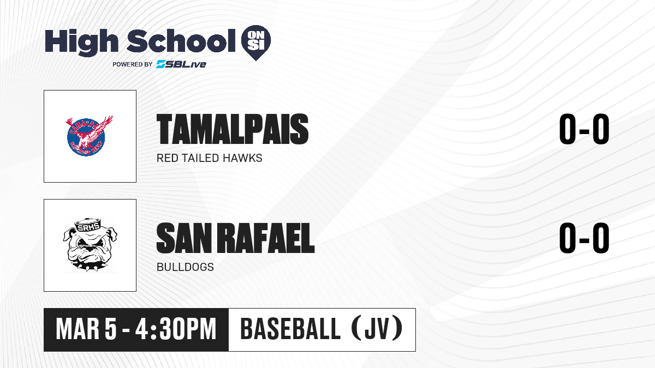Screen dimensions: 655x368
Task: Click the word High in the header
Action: point(81,43)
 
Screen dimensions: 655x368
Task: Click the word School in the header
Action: point(181,41)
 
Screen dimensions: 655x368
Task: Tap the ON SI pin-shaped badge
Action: point(256,43)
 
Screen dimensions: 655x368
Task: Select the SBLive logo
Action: point(181,64)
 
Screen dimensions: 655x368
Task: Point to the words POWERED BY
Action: point(133,64)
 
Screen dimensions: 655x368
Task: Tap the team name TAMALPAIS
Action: point(233,129)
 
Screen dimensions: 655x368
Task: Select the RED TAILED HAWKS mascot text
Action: point(210,158)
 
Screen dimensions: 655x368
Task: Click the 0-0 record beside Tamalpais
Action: point(584,129)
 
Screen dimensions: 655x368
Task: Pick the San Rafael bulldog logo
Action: point(90,245)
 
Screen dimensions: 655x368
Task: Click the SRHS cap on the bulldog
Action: point(88,224)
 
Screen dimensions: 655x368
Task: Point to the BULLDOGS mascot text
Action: point(185,267)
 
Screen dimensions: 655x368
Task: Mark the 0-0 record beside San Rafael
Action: point(584,238)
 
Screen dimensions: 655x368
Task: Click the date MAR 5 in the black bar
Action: point(86,329)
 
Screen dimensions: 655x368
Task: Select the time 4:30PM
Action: point(176,329)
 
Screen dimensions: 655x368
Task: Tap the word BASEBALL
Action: point(290,329)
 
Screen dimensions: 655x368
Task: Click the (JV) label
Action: point(377,329)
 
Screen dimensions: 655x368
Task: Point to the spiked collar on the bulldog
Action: point(90,266)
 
